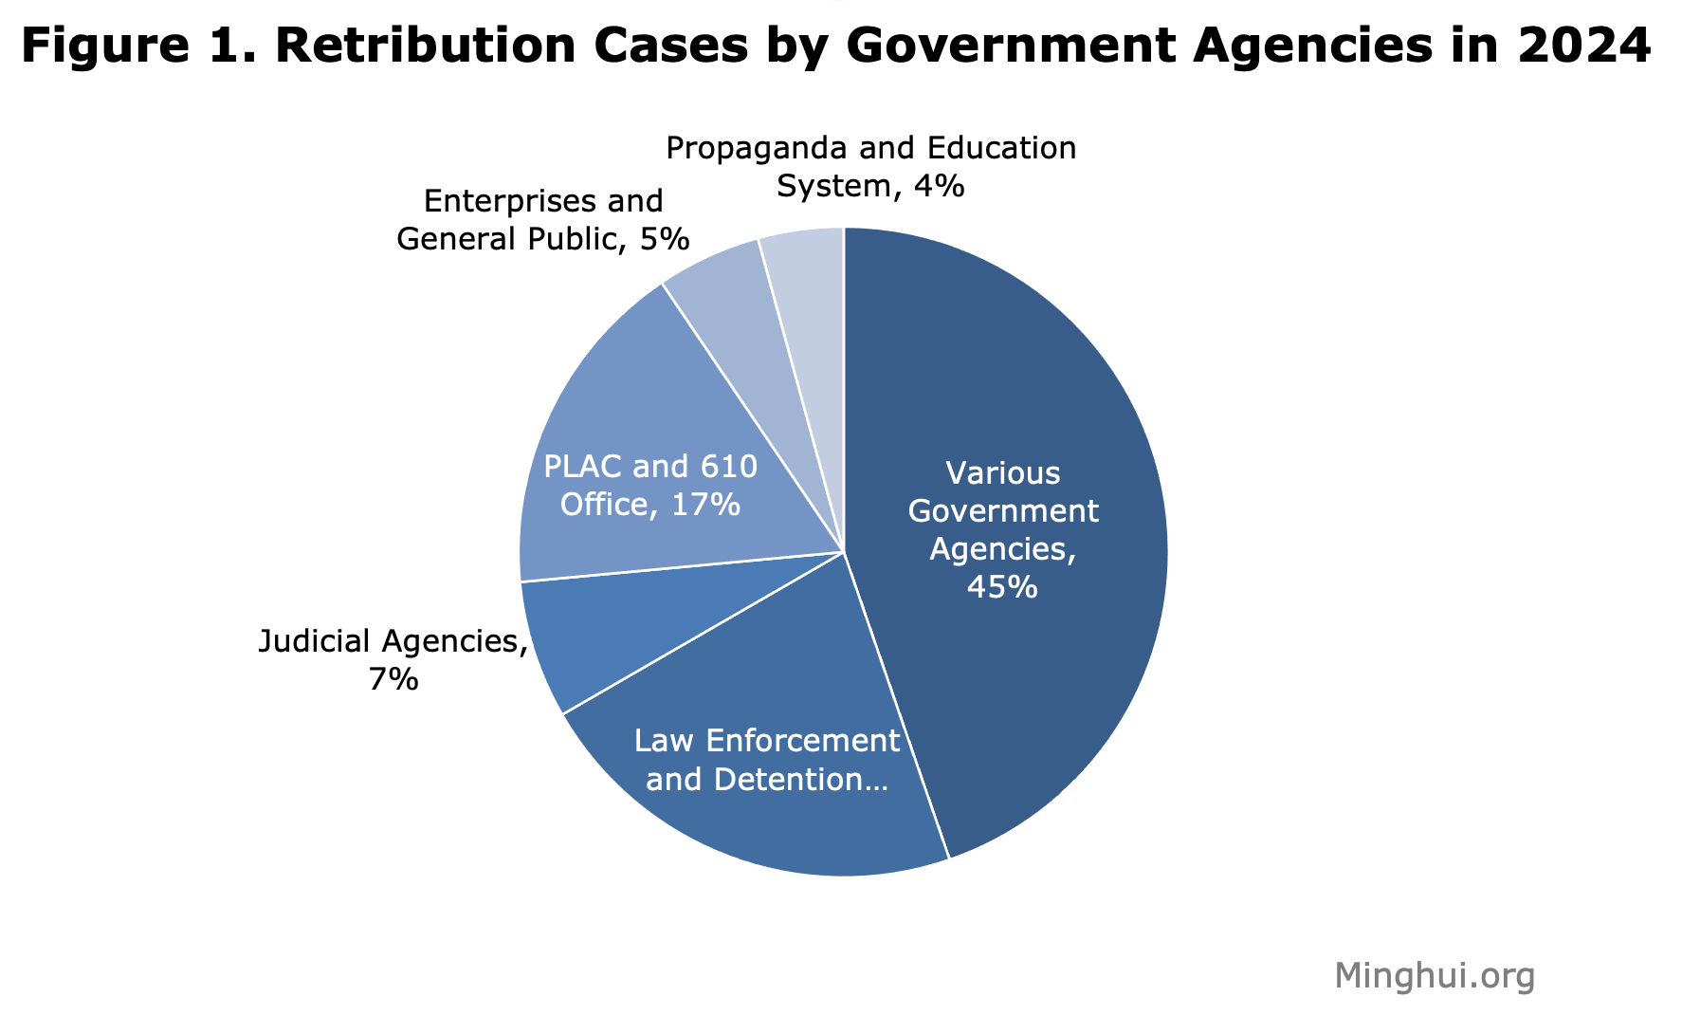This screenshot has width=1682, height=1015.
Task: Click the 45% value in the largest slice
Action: [x=1002, y=588]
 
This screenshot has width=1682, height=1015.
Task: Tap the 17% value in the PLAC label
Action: [x=705, y=505]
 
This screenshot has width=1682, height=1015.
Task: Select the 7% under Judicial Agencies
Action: [x=393, y=680]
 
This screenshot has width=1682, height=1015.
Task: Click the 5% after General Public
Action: [x=663, y=239]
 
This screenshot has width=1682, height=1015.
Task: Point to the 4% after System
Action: [x=938, y=186]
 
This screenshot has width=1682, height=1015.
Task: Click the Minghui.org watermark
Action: [x=1434, y=975]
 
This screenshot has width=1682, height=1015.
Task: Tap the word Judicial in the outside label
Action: [x=316, y=641]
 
